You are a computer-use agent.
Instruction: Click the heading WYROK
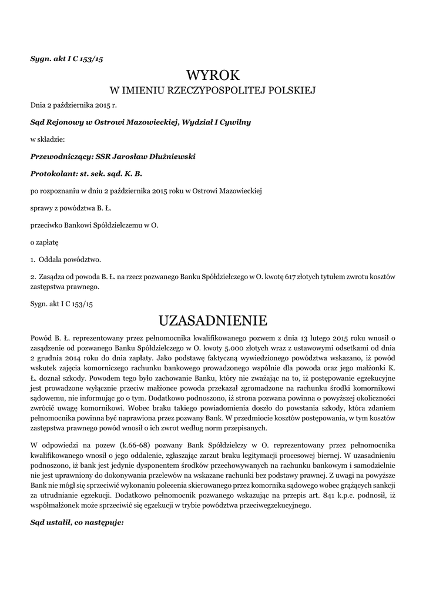(x=213, y=75)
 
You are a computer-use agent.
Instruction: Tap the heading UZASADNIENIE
(x=213, y=320)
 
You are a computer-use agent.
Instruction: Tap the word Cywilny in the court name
(x=235, y=122)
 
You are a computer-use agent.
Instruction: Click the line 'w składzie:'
(x=48, y=140)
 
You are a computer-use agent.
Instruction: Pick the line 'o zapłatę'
(x=45, y=242)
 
